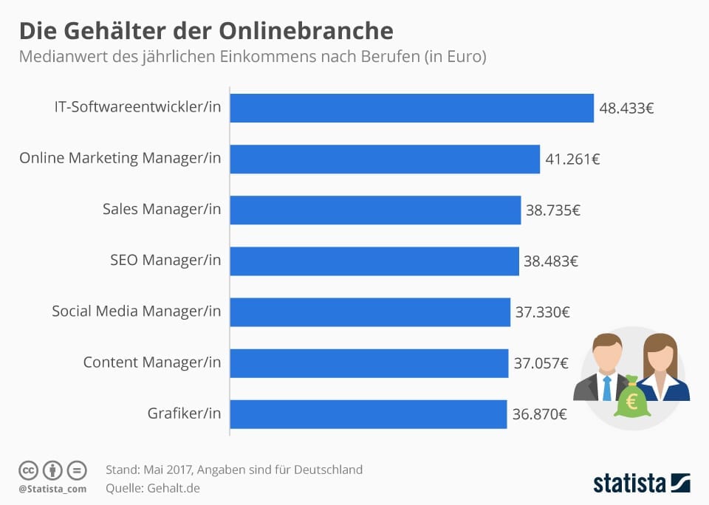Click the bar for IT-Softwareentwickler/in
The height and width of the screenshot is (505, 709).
412,108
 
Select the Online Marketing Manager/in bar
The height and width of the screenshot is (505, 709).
385,159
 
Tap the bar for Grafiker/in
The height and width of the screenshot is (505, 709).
369,414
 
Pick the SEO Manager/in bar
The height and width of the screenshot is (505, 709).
374,261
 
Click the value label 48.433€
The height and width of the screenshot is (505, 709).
626,109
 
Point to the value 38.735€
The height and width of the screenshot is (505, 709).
552,210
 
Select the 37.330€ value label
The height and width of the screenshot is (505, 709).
542,312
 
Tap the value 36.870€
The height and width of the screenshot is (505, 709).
539,414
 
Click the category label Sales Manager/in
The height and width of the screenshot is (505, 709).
162,210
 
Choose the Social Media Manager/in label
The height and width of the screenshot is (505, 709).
136,312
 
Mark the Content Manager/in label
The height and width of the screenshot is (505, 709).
151,363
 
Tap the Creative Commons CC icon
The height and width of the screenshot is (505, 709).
28,470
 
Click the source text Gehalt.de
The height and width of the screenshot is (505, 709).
174,488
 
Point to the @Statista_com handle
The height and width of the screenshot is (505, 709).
52,489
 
